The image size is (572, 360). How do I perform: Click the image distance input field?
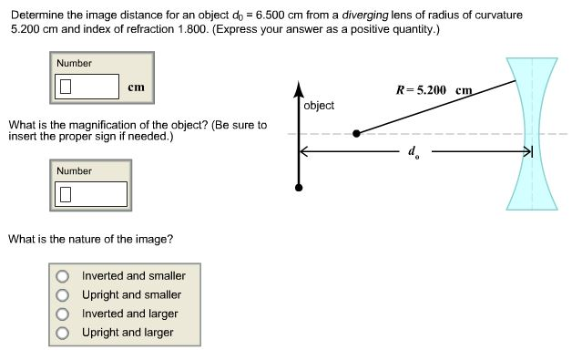pos(88,87)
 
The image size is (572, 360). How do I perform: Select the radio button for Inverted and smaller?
pos(63,275)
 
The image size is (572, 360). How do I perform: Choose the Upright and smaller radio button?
pos(63,294)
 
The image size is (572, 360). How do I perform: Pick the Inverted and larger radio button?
pos(63,314)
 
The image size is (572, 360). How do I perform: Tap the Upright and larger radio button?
pos(63,333)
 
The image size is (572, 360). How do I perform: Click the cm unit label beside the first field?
pos(136,87)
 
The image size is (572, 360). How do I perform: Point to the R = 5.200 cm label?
pos(434,91)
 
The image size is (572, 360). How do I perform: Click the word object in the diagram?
pos(319,106)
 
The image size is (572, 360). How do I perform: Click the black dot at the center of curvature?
pos(356,133)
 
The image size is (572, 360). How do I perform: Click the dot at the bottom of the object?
pos(298,188)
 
